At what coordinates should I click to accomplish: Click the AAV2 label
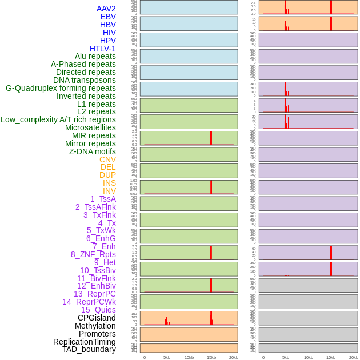106,9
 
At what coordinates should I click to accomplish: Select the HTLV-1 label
103,49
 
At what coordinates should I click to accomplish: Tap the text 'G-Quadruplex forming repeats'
61,88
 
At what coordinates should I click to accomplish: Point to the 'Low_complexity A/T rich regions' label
58,119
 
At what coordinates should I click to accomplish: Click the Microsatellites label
90,127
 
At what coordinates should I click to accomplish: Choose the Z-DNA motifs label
93,151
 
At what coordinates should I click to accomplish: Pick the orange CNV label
107,159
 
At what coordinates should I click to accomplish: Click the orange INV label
109,191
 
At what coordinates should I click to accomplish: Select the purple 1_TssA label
103,199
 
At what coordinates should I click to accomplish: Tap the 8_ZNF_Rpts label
93,254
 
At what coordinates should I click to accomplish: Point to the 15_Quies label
98,310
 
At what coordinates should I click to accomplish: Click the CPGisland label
97,318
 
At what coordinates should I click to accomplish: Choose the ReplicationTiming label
85,342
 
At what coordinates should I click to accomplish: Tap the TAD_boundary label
89,349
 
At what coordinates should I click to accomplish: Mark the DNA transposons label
85,80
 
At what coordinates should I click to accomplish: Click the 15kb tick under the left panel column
211,357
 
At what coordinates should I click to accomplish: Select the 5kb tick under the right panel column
286,357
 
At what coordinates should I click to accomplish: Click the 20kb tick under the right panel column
353,357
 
